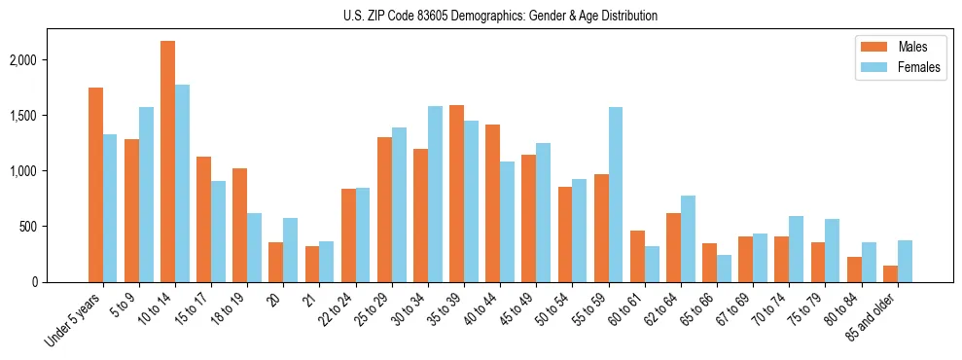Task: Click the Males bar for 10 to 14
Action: pos(167,162)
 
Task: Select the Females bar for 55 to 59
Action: pos(615,195)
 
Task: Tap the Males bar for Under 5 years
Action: pos(95,185)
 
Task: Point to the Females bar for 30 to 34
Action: pos(435,195)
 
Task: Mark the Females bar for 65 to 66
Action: pos(723,269)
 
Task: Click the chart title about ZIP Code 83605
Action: pos(500,16)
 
